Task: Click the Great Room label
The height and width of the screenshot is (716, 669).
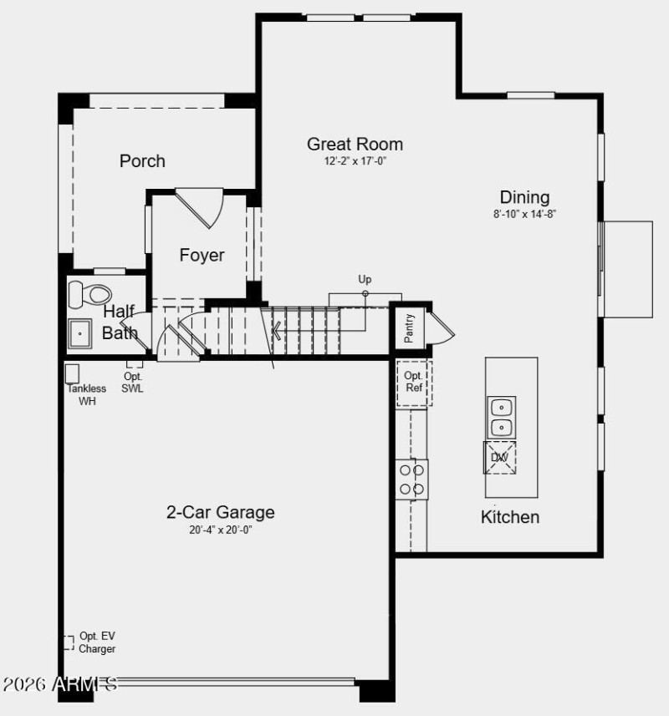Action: coord(355,144)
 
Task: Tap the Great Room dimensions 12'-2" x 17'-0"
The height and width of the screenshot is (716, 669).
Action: coord(355,161)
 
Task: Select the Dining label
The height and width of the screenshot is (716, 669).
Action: coord(524,197)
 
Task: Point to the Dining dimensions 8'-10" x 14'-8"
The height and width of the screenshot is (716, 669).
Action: coord(524,214)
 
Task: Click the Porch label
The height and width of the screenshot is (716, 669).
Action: coord(142,160)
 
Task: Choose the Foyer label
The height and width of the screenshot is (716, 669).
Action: coord(202,255)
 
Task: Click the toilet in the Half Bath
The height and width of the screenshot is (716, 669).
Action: coord(89,293)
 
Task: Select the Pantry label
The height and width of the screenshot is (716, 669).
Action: coord(410,328)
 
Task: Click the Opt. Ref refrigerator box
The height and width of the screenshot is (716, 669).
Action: coord(414,383)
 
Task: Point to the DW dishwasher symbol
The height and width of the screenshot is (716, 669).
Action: coord(499,457)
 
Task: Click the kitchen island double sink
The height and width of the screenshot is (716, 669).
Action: coord(501,417)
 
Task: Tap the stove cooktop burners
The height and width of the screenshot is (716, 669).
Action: coord(412,480)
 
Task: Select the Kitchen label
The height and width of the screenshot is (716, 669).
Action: coord(509,516)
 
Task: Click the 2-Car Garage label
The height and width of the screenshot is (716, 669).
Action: coord(220,512)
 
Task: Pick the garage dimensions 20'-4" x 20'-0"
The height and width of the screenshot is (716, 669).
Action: coord(220,530)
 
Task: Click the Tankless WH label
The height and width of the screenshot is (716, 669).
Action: coord(87,394)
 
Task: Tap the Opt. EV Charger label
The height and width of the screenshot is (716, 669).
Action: coord(97,642)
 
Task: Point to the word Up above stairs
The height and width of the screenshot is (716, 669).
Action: coord(365,280)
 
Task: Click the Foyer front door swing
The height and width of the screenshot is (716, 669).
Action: coord(203,208)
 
